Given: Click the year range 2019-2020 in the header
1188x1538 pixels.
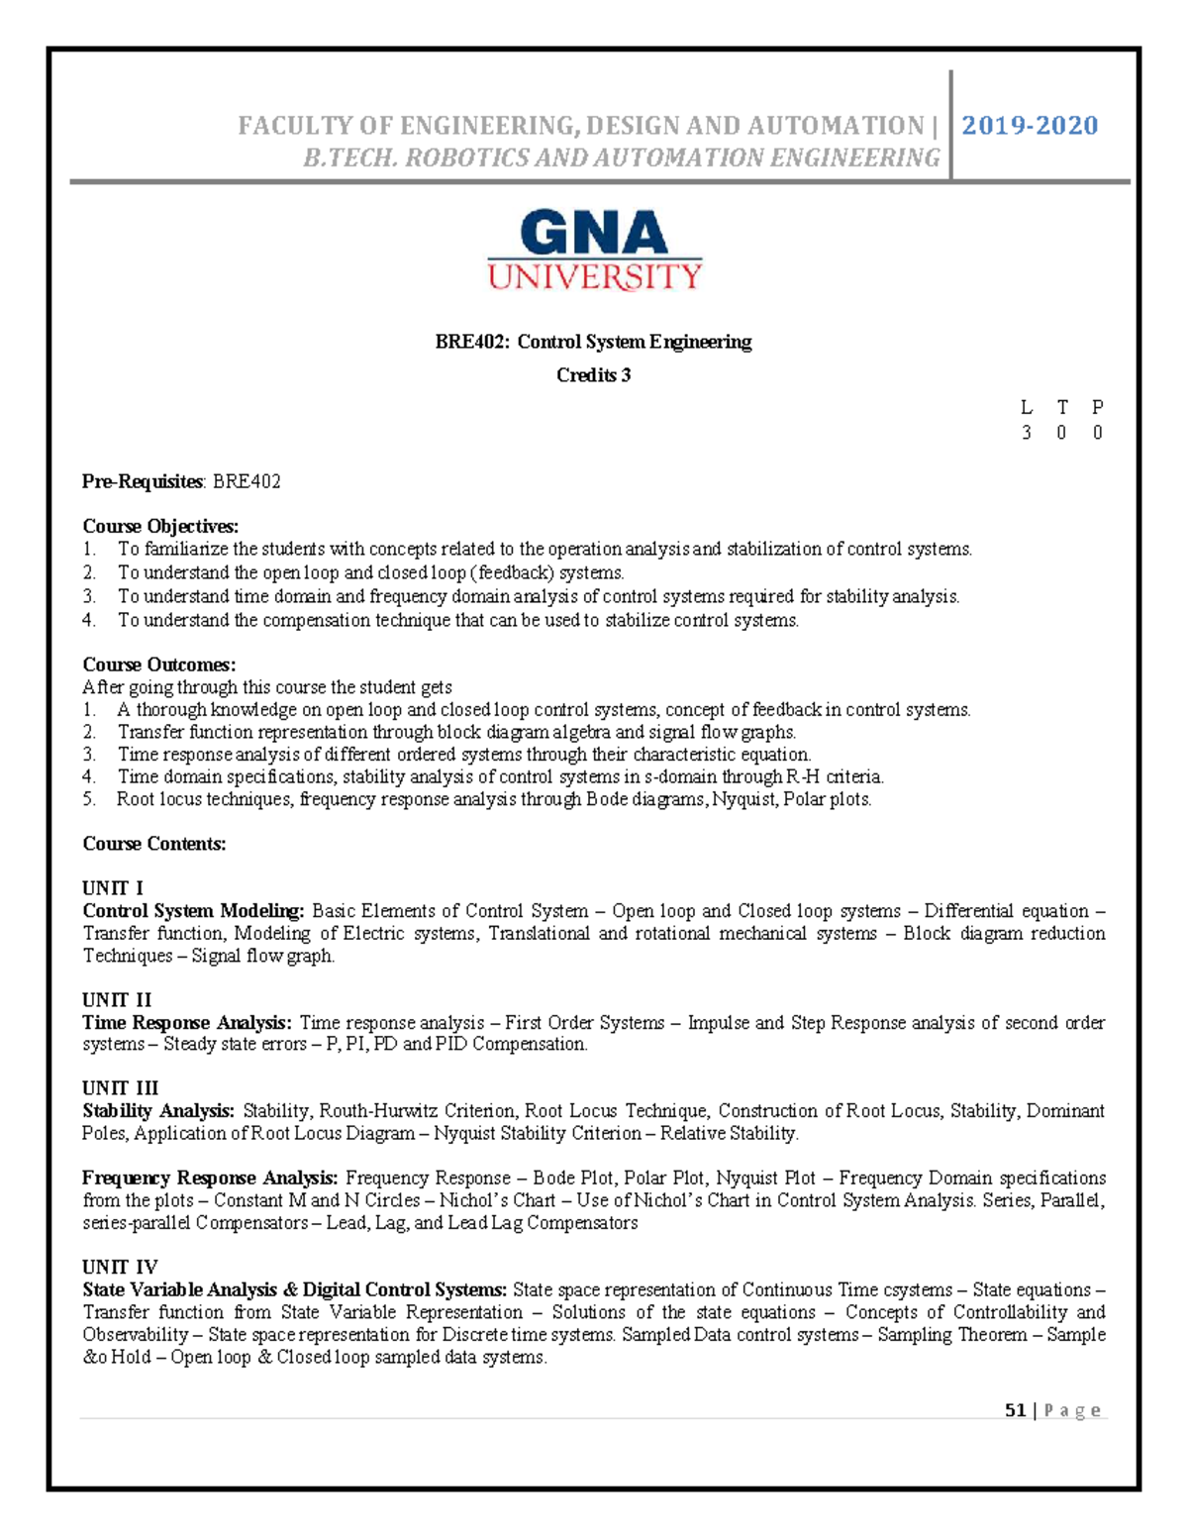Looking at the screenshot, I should (1030, 126).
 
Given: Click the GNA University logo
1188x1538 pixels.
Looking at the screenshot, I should (594, 250).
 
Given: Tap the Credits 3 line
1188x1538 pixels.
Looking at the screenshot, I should (593, 375).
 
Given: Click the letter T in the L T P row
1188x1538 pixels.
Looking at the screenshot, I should (1062, 407).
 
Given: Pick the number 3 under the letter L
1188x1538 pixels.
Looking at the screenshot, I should (1027, 433).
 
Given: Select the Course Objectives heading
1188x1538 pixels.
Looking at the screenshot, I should (160, 526).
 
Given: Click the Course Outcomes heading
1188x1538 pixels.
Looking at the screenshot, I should (159, 665).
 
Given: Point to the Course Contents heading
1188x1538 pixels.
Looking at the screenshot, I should (154, 844).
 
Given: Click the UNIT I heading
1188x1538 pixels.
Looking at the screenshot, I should (113, 888).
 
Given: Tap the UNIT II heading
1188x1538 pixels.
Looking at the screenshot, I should (117, 1000).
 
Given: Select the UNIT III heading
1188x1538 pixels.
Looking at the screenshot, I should (120, 1088).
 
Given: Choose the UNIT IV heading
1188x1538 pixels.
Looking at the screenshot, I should (120, 1268).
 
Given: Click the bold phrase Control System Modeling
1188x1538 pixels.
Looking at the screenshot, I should (193, 911).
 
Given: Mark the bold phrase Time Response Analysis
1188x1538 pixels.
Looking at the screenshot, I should (187, 1023).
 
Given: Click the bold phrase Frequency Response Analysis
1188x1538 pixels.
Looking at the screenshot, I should (210, 1179).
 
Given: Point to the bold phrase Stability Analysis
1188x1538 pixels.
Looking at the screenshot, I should (158, 1111).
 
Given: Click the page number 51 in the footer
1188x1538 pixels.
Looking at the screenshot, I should (1015, 1410).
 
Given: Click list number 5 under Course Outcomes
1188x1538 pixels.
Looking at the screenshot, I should (88, 799).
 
